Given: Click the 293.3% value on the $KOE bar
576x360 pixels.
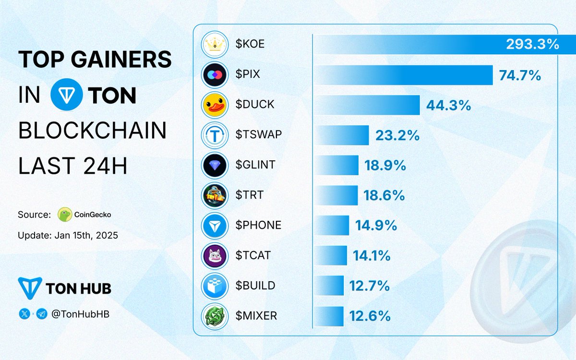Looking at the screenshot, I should coord(532,45).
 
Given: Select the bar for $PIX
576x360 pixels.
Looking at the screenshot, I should coord(403,75).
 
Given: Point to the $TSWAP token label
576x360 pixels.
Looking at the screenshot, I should coord(255,135).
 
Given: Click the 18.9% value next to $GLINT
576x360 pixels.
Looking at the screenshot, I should coord(385,166).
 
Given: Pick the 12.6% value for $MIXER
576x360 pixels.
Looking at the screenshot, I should coord(369,316).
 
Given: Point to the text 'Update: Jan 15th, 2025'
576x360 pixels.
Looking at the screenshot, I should coord(68,236).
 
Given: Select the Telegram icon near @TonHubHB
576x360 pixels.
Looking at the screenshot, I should coord(42,314).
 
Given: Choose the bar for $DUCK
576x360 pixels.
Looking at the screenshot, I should coord(367,105).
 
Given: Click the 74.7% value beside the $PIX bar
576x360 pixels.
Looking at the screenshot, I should coord(520,75).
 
